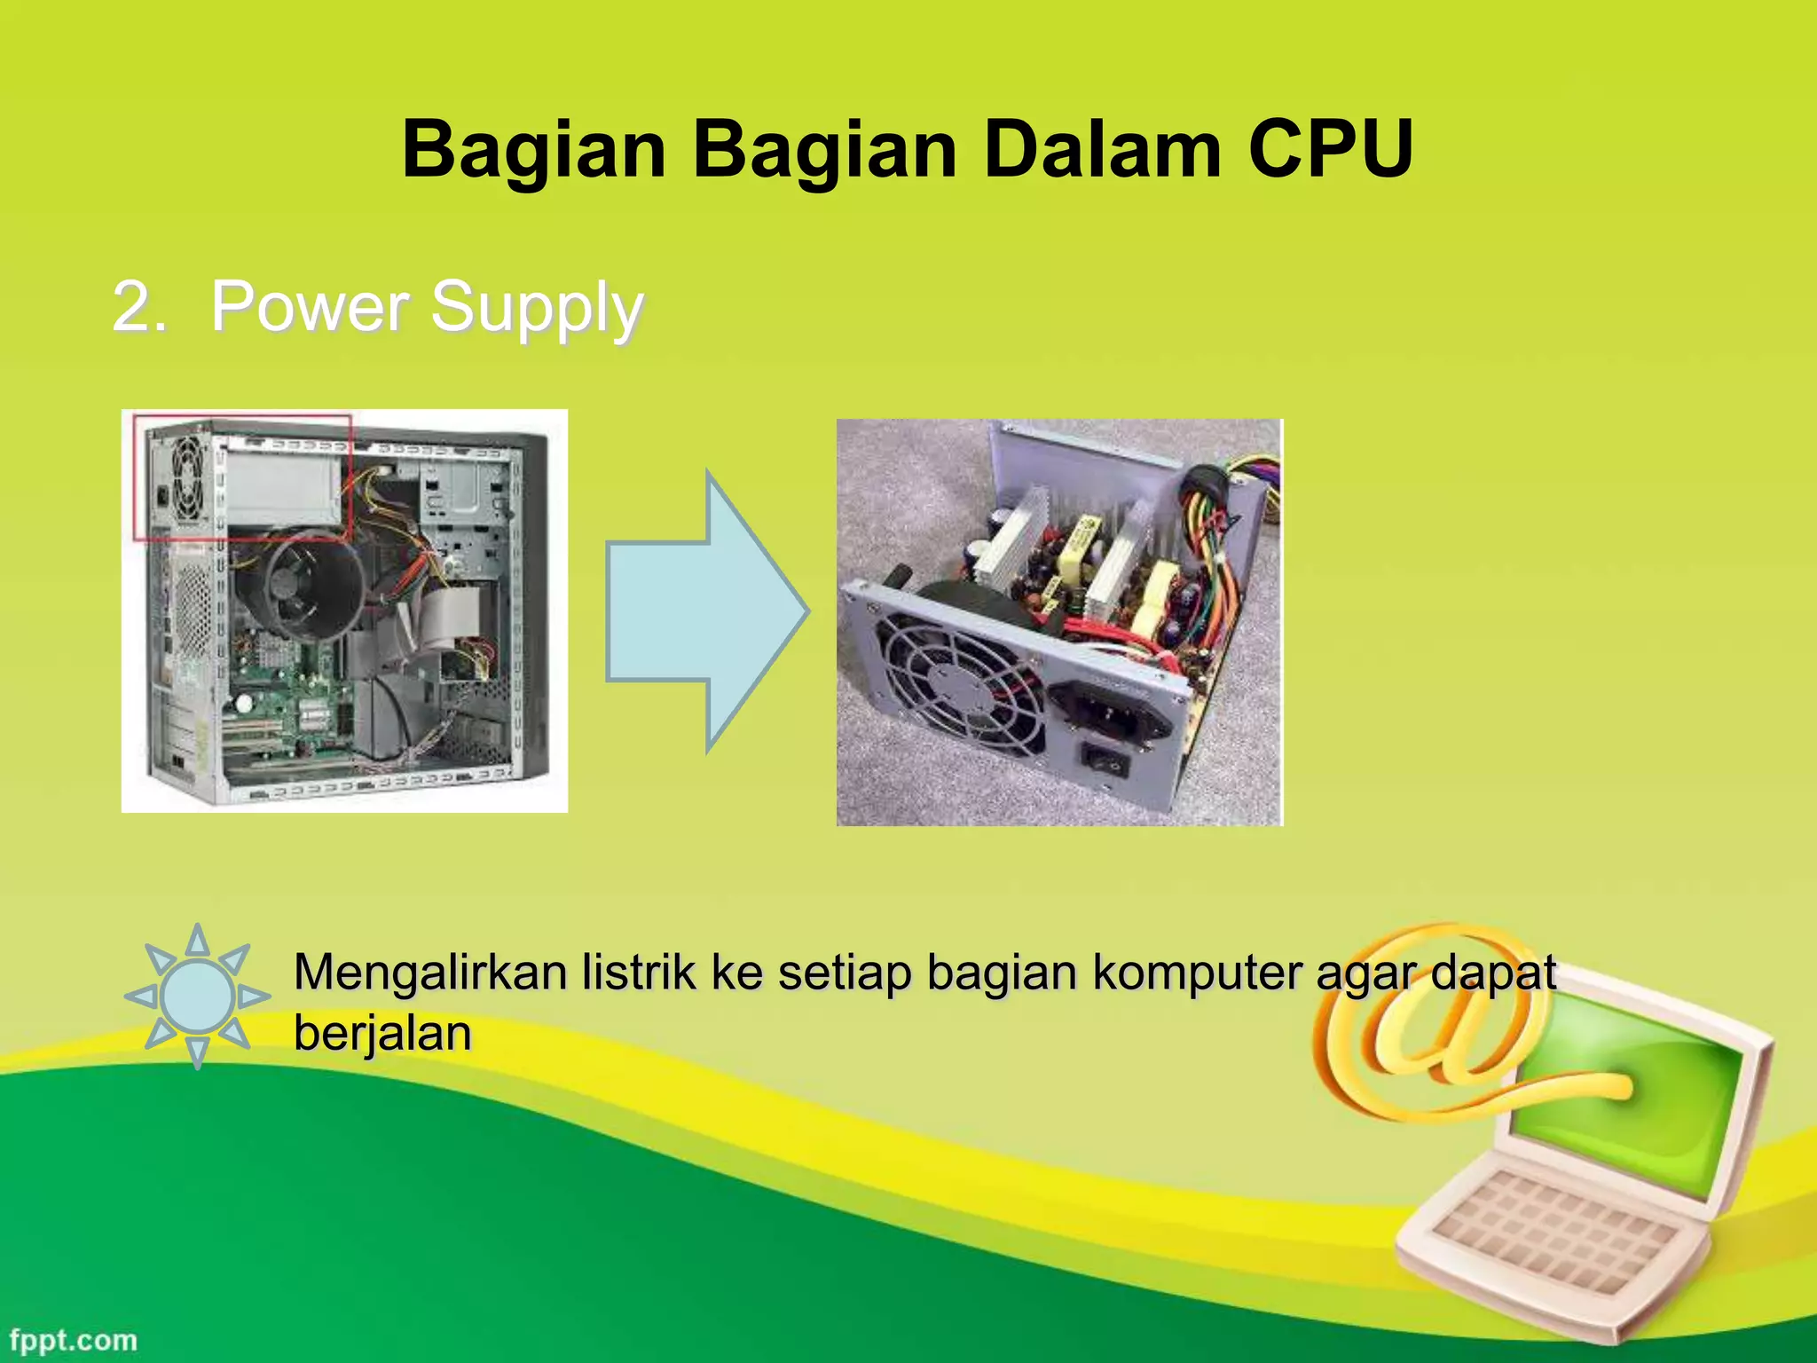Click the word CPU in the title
pos(1330,149)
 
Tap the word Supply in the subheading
pos(537,308)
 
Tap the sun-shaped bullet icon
pos(197,996)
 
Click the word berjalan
pos(382,1034)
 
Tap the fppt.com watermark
pos(74,1340)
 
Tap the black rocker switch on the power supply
pos(1105,760)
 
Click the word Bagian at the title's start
pos(533,149)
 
